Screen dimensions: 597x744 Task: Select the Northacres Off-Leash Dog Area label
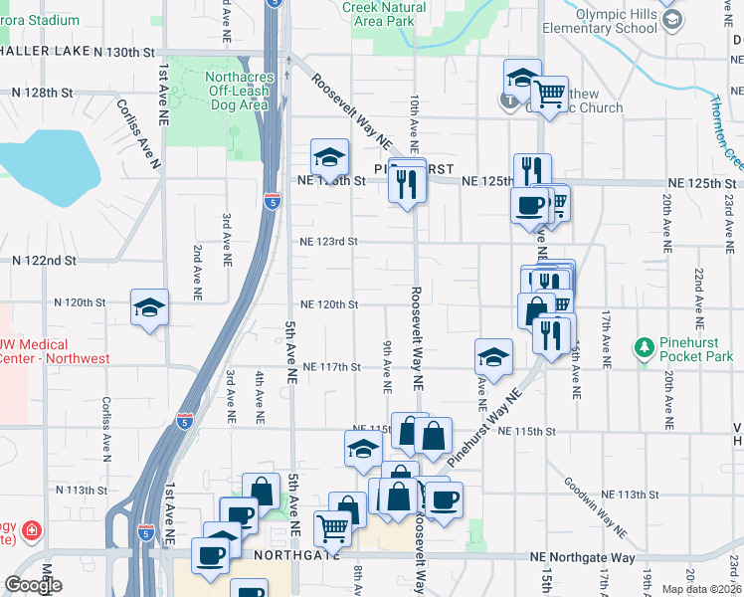coord(238,92)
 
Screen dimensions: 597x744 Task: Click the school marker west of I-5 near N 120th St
coord(149,308)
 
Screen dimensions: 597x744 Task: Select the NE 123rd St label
coord(328,241)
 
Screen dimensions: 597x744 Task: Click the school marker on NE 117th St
coord(493,356)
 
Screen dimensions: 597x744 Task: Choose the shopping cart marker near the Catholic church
coord(548,96)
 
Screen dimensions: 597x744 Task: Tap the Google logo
coord(32,585)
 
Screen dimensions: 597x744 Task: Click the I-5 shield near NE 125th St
coord(272,202)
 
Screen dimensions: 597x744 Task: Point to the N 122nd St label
coord(44,260)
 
